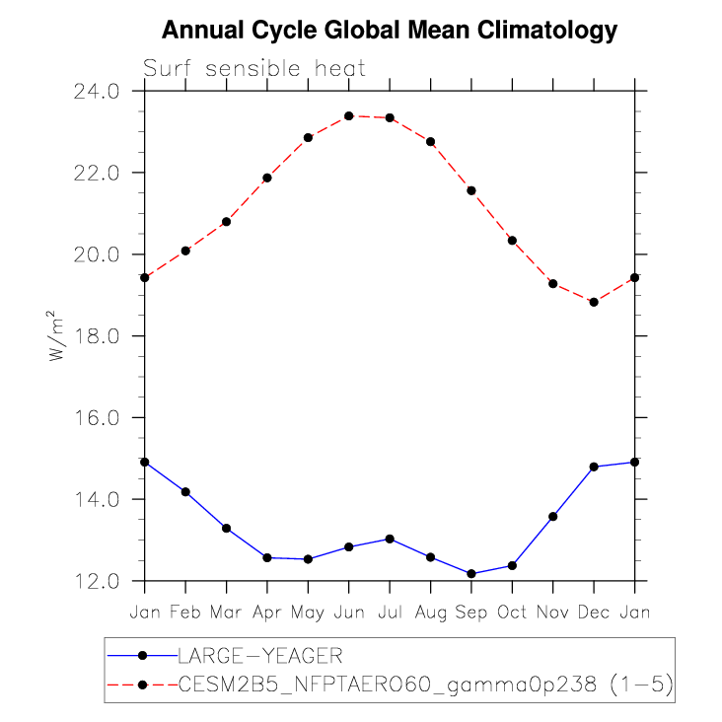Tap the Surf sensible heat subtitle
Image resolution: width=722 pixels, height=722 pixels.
tap(254, 69)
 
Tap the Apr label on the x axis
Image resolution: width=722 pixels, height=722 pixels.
tap(267, 613)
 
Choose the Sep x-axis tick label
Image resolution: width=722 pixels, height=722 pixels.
tap(471, 613)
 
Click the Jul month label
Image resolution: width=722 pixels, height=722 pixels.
tap(390, 613)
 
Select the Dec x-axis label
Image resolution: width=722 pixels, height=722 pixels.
tap(594, 613)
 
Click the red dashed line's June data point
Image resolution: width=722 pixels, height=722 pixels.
tap(349, 116)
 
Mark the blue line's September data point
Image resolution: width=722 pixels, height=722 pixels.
tap(471, 573)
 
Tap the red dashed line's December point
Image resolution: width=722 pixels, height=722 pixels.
tap(594, 302)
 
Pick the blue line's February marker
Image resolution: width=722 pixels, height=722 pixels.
tap(185, 491)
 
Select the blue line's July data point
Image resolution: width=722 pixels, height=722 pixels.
tap(390, 539)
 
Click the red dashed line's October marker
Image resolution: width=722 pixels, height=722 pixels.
tap(512, 241)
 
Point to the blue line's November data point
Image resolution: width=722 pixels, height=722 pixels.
tap(553, 516)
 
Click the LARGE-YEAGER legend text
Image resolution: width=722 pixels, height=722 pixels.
tap(259, 654)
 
